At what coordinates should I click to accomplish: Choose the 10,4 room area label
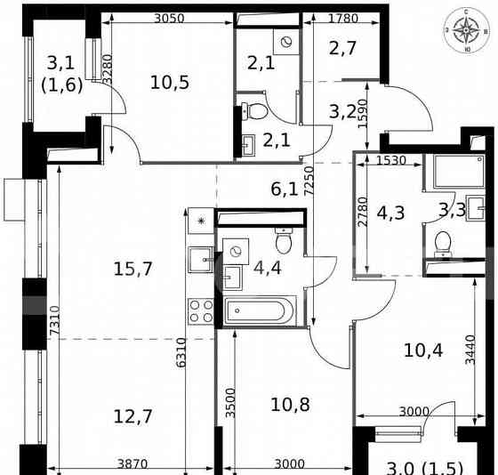tap(422, 350)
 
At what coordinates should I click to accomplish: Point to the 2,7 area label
tap(343, 47)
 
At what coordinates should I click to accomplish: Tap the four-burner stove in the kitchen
tap(200, 310)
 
